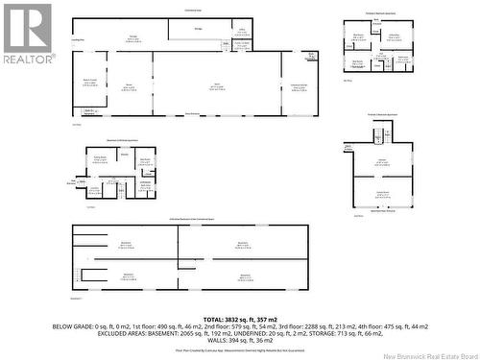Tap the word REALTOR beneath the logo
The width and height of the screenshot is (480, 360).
26,59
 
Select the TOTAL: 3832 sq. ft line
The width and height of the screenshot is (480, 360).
239,318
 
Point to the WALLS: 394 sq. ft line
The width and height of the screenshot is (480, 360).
239,340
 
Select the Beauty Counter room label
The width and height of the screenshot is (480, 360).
90,83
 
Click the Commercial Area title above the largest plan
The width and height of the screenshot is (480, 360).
193,11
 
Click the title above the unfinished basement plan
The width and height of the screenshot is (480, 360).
189,220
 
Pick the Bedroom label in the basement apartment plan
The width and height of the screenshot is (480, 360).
145,160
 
